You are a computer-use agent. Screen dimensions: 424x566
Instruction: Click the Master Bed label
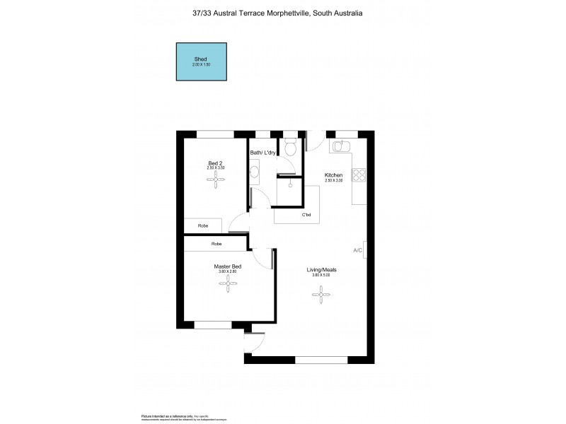[x=228, y=266]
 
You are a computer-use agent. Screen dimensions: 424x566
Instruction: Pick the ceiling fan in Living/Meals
[x=322, y=291]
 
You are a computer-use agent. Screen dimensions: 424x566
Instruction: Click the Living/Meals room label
[x=321, y=269]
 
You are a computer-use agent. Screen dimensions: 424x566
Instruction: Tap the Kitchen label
[x=334, y=175]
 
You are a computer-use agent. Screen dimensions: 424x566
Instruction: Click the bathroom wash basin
[x=255, y=170]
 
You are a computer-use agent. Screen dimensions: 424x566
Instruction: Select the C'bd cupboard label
[x=307, y=215]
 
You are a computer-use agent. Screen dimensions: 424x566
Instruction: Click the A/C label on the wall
[x=358, y=251]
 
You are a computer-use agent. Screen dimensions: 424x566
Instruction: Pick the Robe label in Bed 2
[x=203, y=225]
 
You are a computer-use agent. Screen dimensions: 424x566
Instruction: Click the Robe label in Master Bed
[x=216, y=244]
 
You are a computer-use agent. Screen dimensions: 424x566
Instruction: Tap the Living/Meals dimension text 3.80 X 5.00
[x=321, y=275]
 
